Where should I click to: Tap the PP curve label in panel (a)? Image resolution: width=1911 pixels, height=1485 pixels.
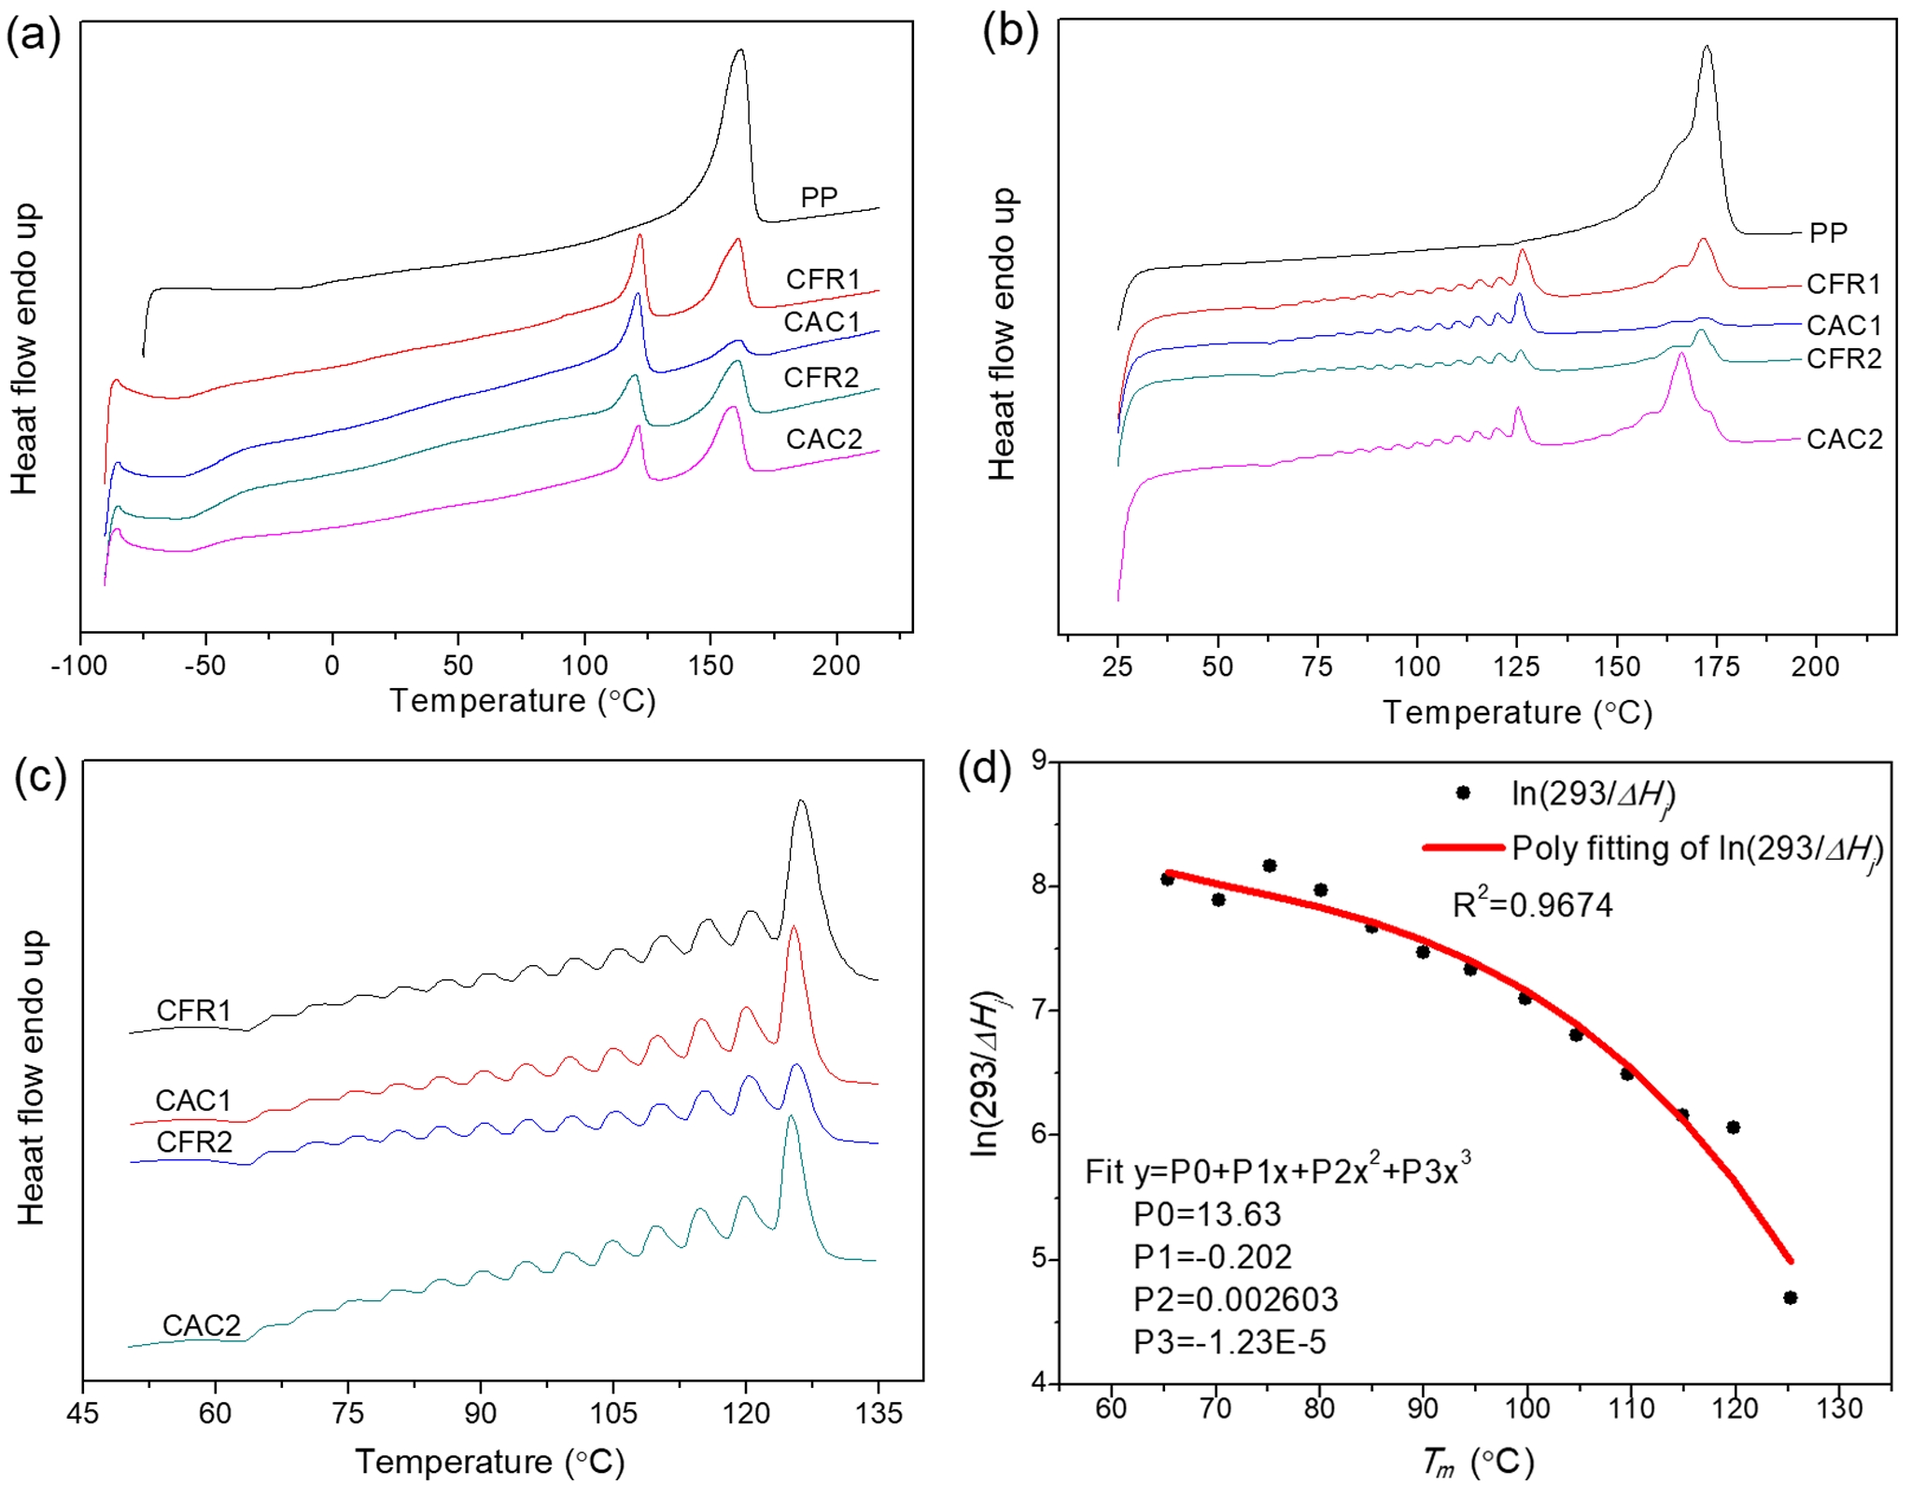pyautogui.click(x=819, y=197)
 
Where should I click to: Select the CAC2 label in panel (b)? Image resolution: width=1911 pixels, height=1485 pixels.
pyautogui.click(x=1844, y=439)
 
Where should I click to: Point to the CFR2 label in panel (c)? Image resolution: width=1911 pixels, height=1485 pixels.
pyautogui.click(x=194, y=1142)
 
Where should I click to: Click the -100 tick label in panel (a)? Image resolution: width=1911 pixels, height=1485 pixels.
pyautogui.click(x=78, y=666)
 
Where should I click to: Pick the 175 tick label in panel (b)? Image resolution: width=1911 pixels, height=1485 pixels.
pyautogui.click(x=1716, y=666)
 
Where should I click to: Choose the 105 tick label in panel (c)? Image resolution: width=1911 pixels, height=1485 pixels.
pyautogui.click(x=613, y=1413)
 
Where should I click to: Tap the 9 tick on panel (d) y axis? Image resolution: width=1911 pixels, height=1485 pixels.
pyautogui.click(x=1038, y=761)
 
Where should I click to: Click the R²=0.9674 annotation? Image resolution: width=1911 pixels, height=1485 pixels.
pyautogui.click(x=1532, y=904)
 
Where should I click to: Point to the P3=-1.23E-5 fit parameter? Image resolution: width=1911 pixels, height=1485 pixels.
pyautogui.click(x=1229, y=1342)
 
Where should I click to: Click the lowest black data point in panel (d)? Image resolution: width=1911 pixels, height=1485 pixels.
pyautogui.click(x=1790, y=1297)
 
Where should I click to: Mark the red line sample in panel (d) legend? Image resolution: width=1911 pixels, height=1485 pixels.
pyautogui.click(x=1463, y=848)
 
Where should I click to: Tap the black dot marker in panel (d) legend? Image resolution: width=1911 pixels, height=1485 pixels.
pyautogui.click(x=1463, y=792)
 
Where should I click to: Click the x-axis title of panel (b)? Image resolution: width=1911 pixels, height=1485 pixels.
pyautogui.click(x=1517, y=712)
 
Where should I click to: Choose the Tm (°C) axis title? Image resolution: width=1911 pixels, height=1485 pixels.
pyautogui.click(x=1478, y=1462)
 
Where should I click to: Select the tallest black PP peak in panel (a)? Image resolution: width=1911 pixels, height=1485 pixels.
pyautogui.click(x=740, y=51)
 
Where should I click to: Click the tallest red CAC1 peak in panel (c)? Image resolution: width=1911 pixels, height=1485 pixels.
pyautogui.click(x=794, y=929)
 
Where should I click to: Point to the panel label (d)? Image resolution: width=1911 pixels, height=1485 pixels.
pyautogui.click(x=985, y=769)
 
